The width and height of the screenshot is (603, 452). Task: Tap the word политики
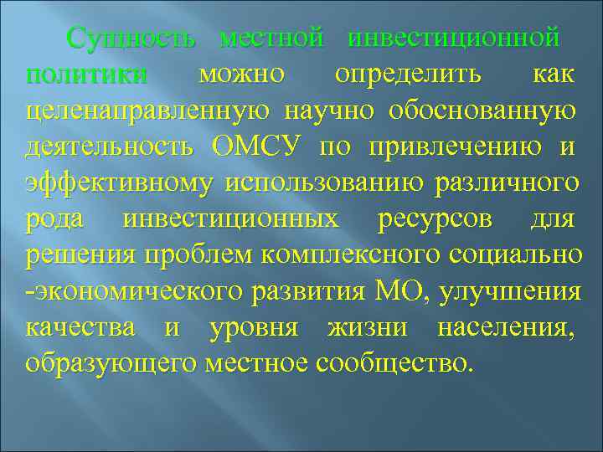tap(86, 74)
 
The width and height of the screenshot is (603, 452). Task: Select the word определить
tap(408, 74)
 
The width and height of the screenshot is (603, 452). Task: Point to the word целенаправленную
tap(147, 111)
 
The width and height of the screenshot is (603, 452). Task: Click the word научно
tap(330, 111)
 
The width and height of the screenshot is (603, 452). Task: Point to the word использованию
tap(332, 183)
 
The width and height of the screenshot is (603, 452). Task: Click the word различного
tap(507, 183)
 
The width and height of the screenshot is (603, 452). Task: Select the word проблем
tap(184, 256)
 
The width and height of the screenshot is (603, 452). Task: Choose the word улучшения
tap(507, 292)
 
